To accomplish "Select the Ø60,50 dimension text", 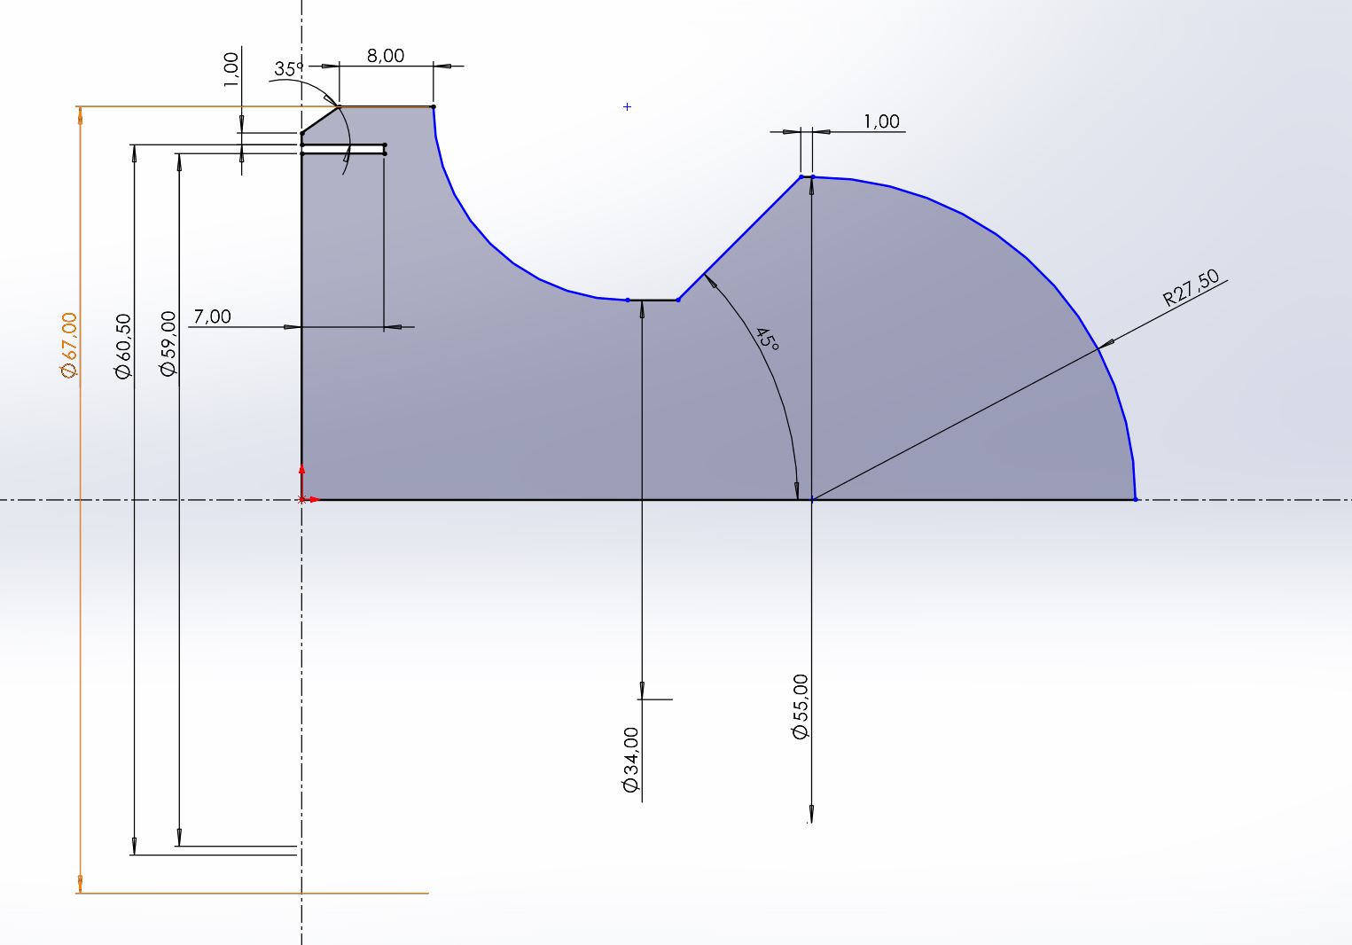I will coord(122,347).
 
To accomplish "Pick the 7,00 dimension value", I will coord(212,316).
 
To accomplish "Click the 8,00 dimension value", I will coord(385,56).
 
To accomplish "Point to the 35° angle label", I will coord(288,68).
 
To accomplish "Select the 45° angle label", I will coord(766,340).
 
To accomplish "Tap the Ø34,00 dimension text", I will coord(631,761).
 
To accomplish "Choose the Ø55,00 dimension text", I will coord(801,707).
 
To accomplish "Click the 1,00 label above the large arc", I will coord(881,121).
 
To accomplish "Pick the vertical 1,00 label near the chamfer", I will coord(231,69).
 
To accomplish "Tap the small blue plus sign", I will coord(628,107).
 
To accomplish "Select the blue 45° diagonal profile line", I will coord(739,238).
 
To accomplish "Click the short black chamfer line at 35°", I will coord(320,121).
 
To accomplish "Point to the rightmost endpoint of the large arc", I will coord(1136,499).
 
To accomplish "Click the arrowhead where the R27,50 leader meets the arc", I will coord(1105,342).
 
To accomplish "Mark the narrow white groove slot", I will coord(344,149).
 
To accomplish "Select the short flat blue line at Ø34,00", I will coord(653,301).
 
